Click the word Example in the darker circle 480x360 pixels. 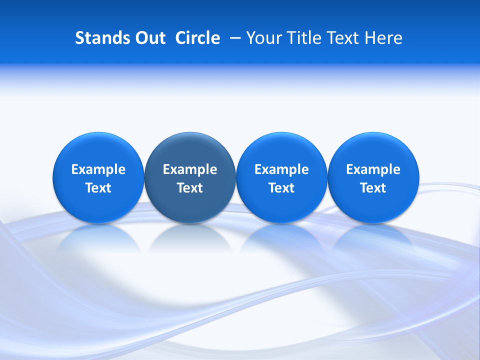click(190, 169)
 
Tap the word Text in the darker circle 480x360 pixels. click(190, 188)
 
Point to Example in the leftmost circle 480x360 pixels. click(98, 169)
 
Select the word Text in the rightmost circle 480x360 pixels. click(373, 188)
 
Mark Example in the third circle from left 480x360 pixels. click(281, 169)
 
